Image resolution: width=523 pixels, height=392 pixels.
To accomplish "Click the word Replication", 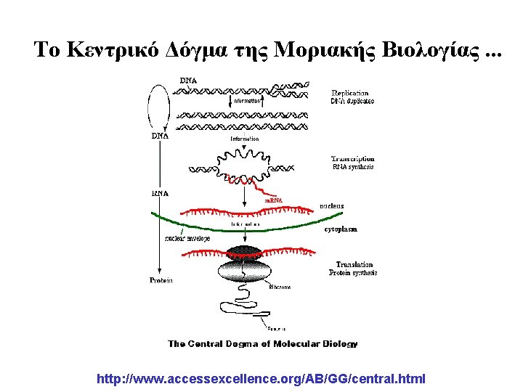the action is [350, 93].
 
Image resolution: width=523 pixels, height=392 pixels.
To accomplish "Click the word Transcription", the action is [353, 158].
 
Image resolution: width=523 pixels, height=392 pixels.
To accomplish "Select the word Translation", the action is [354, 265].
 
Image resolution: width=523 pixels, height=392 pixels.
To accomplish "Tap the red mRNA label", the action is [273, 200].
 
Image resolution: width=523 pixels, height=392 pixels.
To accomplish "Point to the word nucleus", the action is [331, 206].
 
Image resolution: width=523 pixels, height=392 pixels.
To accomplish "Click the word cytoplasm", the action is [341, 229].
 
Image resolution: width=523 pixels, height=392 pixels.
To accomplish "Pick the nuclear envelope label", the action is [187, 237].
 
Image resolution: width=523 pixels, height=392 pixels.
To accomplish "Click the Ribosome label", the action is [280, 287].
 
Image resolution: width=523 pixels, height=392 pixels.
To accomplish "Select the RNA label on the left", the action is [160, 194].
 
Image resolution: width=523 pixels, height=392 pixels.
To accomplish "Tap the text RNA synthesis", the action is [353, 167].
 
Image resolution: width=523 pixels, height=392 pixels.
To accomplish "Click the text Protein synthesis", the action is [353, 273].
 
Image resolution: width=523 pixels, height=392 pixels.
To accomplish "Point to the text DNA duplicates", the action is [352, 101].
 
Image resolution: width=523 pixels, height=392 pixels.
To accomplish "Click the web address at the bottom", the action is [261, 379].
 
